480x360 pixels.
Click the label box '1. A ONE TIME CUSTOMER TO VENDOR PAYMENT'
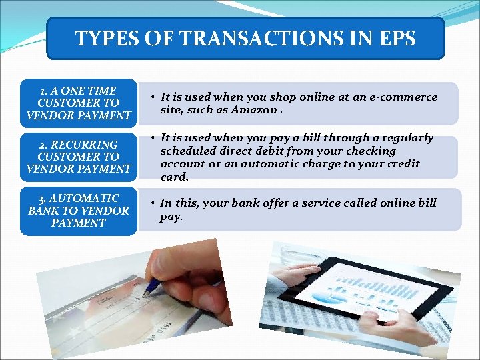tap(78, 103)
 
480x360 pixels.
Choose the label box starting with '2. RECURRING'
tap(78, 157)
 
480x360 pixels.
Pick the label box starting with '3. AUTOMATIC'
tap(78, 211)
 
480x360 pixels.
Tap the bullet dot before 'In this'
tap(153, 203)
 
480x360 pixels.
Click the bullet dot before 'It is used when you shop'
tap(153, 97)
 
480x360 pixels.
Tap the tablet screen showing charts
tap(363, 293)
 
